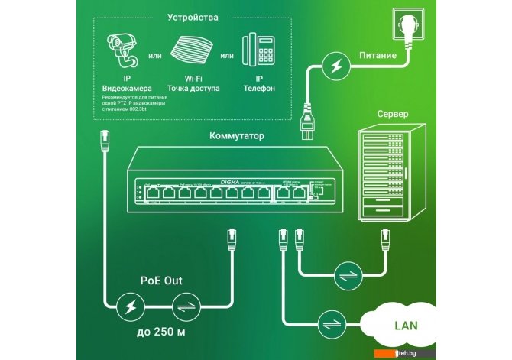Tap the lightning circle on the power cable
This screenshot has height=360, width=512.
(x=335, y=66)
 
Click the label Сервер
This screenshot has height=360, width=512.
(x=391, y=114)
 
